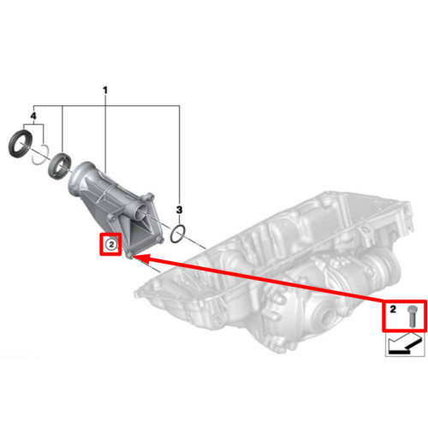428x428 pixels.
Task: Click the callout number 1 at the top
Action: point(105,91)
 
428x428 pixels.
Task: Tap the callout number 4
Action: point(33,116)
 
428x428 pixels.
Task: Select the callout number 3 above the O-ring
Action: point(179,210)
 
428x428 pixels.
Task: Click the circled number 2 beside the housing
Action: point(111,244)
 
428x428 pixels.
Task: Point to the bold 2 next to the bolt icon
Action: point(393,309)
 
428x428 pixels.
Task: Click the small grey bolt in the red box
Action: point(411,316)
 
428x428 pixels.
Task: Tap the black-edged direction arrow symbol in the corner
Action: point(403,344)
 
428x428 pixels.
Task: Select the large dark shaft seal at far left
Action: point(21,144)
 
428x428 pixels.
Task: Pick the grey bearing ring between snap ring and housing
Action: point(59,166)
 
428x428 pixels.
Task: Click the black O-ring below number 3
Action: point(178,234)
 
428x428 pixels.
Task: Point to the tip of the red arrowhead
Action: point(133,256)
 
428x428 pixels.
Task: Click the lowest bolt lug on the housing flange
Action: point(130,255)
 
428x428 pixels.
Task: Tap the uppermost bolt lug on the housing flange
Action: point(149,197)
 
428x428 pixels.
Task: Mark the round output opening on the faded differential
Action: point(327,315)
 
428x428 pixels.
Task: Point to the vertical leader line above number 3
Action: point(179,156)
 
